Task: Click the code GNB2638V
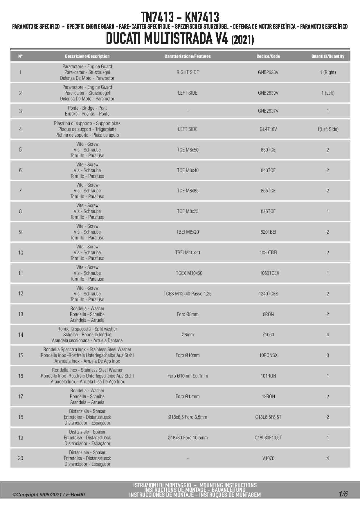[x=268, y=72]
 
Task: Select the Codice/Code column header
[x=268, y=56]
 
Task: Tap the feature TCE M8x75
[x=188, y=211]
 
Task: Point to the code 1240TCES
[x=268, y=294]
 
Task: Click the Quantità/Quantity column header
[x=328, y=56]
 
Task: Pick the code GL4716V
[x=268, y=129]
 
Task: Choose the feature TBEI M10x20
[x=188, y=252]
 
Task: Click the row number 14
[x=21, y=335]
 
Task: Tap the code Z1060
[x=268, y=335]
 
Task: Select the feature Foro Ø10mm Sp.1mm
[x=188, y=376]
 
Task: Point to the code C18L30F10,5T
[x=268, y=438]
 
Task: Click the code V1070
[x=268, y=458]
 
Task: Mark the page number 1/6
[x=343, y=494]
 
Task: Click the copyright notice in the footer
[x=48, y=494]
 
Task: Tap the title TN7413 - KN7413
[x=180, y=17]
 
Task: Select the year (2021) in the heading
[x=243, y=39]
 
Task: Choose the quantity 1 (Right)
[x=328, y=72]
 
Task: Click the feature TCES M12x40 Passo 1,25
[x=188, y=294]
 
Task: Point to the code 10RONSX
[x=268, y=355]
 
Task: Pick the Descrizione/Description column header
[x=87, y=56]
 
